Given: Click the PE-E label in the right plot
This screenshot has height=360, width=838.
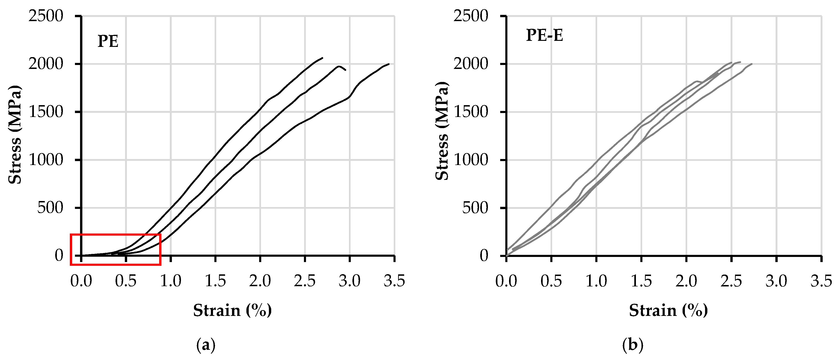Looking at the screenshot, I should coord(544,35).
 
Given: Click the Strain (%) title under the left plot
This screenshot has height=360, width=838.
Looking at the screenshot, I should coord(232,310).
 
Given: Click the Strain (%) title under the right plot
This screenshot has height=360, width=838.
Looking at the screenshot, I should coord(668,310).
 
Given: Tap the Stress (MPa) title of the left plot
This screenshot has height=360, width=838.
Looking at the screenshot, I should coord(15,135).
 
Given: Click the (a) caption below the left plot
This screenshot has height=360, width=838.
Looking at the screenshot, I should coord(206,345).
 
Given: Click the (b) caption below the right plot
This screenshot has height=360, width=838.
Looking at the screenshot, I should coord(632,345).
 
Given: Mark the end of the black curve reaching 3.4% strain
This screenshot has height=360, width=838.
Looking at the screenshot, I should coord(389,64).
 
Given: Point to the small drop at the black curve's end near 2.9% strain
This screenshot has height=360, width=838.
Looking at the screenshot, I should coord(345,70).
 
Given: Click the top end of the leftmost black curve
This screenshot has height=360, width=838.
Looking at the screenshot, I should coord(322,58).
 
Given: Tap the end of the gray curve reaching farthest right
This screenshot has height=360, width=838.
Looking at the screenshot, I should coord(752,64).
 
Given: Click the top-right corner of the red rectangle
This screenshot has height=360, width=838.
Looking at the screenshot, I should coord(160,234).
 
